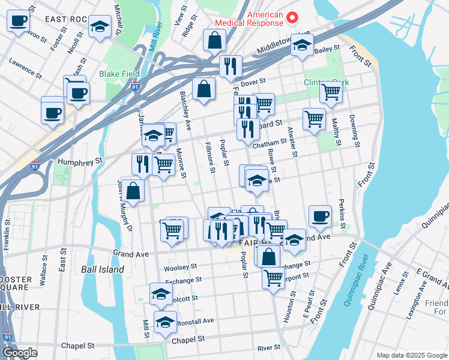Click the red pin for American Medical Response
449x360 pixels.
click(x=292, y=17)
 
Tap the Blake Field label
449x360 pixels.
click(x=119, y=74)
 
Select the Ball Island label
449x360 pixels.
click(x=103, y=269)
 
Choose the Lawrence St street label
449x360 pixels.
click(x=25, y=68)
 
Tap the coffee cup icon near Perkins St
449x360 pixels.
click(x=320, y=217)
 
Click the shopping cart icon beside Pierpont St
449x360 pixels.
click(x=273, y=278)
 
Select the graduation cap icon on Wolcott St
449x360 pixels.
click(x=161, y=294)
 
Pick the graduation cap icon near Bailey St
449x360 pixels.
click(x=303, y=44)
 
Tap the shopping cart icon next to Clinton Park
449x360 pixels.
click(x=331, y=92)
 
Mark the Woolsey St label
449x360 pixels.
click(x=181, y=266)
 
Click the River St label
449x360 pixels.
click(x=268, y=347)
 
